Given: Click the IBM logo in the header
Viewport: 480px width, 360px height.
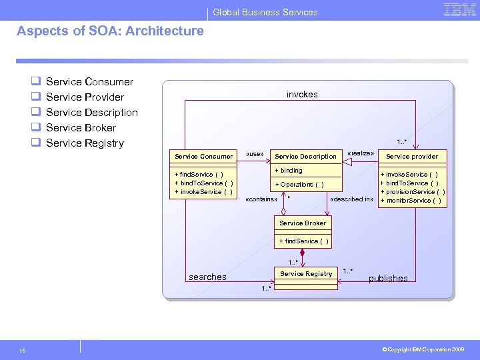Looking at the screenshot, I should [459, 9].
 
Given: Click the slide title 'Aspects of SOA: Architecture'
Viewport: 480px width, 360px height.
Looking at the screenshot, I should [110, 31].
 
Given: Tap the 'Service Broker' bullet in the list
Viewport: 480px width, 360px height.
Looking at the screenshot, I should [81, 127].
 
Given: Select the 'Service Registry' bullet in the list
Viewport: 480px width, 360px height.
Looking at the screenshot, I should [85, 143].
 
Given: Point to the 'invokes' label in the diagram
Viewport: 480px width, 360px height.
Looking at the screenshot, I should [302, 94].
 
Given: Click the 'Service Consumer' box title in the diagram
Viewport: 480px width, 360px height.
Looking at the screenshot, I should [203, 156].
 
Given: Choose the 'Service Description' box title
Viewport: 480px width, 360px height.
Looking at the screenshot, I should [305, 156].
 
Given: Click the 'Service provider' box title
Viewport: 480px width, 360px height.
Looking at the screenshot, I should [412, 156].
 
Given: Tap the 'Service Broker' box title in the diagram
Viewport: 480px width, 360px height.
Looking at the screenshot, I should [303, 223].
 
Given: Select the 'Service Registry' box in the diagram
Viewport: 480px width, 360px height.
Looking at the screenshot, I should [306, 273].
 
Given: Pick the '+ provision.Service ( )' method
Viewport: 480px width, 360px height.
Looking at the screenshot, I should [413, 191].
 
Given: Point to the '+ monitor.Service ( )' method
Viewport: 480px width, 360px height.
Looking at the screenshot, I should [410, 200].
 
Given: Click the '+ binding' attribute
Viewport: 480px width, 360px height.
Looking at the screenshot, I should [289, 171].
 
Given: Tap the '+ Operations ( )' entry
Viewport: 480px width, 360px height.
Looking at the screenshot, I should [299, 184].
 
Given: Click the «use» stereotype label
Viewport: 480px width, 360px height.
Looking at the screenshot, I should [255, 154].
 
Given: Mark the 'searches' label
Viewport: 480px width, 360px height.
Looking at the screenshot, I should [207, 277].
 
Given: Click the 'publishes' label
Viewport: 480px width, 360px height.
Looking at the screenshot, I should [388, 278].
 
